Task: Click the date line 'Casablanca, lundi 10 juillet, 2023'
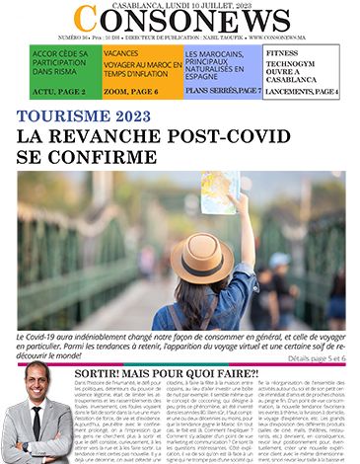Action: [x=179, y=5]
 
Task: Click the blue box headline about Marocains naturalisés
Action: [x=219, y=65]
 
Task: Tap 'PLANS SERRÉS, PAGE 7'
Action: [x=223, y=91]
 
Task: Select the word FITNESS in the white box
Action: [x=283, y=50]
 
